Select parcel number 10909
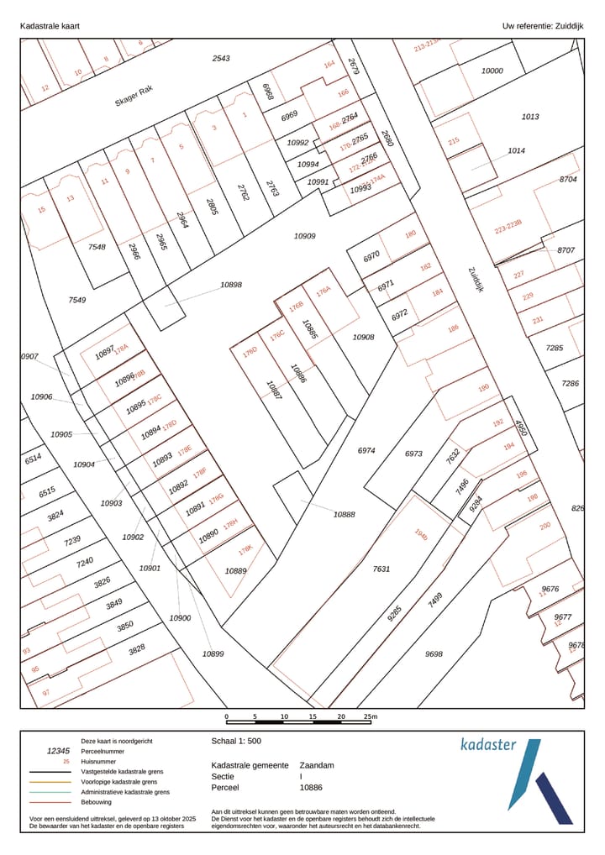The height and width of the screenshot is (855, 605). click(304, 236)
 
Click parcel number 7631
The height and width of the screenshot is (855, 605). click(381, 569)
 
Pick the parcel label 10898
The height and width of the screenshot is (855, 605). click(231, 285)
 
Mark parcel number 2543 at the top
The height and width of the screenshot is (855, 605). click(221, 58)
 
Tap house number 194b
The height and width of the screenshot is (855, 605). click(421, 534)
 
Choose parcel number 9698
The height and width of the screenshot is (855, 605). click(434, 653)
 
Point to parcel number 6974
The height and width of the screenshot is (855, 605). click(366, 450)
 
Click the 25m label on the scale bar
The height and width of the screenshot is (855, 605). click(370, 716)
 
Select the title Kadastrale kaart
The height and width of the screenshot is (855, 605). click(50, 26)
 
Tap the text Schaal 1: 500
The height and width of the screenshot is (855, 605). click(236, 742)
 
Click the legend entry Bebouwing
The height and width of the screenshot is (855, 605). click(97, 802)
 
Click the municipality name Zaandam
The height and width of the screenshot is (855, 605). click(317, 765)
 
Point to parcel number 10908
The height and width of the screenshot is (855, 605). click(363, 336)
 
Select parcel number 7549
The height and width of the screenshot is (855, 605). click(77, 299)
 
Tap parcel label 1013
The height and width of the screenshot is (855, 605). click(530, 117)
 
